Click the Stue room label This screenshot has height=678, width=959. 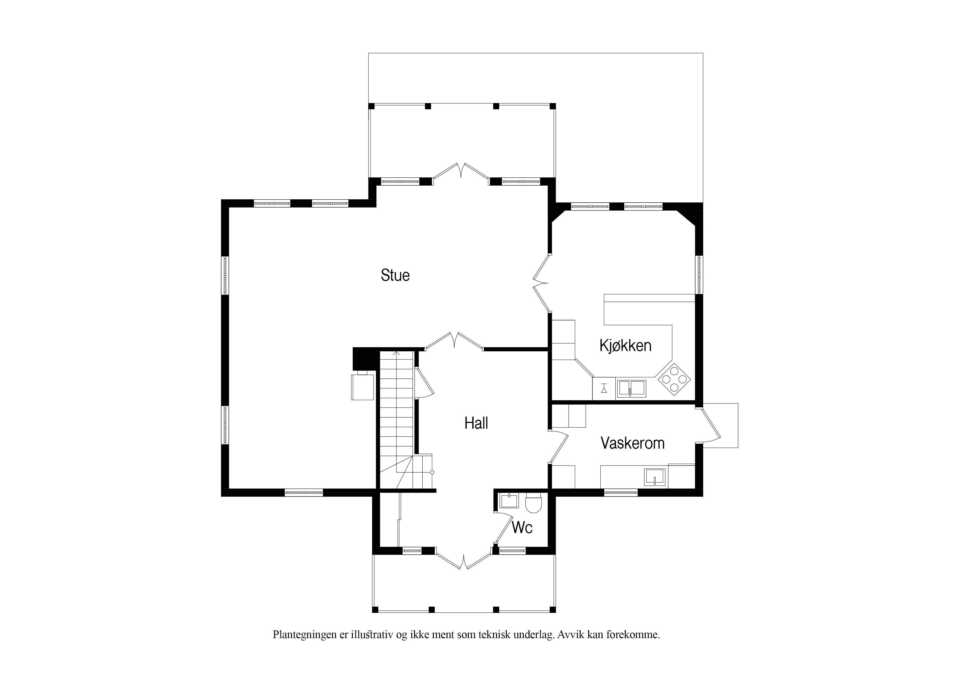[x=395, y=275]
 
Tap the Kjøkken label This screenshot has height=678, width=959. [x=625, y=346]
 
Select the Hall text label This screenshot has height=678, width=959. [x=476, y=423]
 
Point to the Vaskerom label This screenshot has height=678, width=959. [x=632, y=443]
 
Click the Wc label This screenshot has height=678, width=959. [x=522, y=528]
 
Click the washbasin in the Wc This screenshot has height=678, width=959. [x=509, y=501]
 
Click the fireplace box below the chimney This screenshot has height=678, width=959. [x=362, y=387]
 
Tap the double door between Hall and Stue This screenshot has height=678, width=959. [x=454, y=341]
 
